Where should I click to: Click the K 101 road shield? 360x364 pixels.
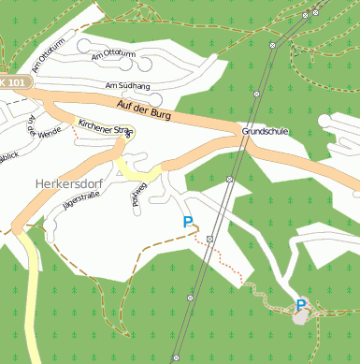click(13, 82)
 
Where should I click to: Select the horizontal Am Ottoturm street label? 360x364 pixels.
click(114, 53)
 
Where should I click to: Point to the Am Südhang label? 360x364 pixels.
click(128, 86)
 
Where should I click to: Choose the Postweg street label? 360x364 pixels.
click(137, 198)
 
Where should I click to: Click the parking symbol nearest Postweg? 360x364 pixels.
click(188, 223)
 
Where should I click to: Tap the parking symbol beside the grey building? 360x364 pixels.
click(301, 305)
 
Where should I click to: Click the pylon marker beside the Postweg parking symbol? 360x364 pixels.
click(210, 239)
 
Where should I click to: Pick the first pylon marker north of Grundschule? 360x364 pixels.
click(272, 45)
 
